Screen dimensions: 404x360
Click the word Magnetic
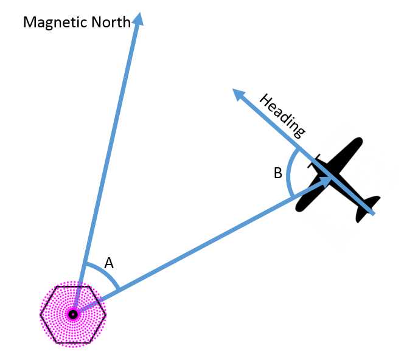pos(55,22)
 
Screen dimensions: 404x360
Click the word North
pos(111,22)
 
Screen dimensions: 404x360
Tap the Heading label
pos(282,116)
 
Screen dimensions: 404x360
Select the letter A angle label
pos(109,263)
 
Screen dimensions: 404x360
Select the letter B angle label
pos(277,173)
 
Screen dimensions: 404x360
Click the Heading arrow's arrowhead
pos(239,94)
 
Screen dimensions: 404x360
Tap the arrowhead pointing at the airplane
pos(325,181)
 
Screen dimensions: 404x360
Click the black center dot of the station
pos(73,314)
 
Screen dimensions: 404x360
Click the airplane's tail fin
pos(368,208)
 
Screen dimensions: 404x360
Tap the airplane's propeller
pos(314,161)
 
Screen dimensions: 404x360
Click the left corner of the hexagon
pos(40,314)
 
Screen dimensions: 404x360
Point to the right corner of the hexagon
pos(106,314)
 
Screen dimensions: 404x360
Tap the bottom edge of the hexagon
pos(73,343)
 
